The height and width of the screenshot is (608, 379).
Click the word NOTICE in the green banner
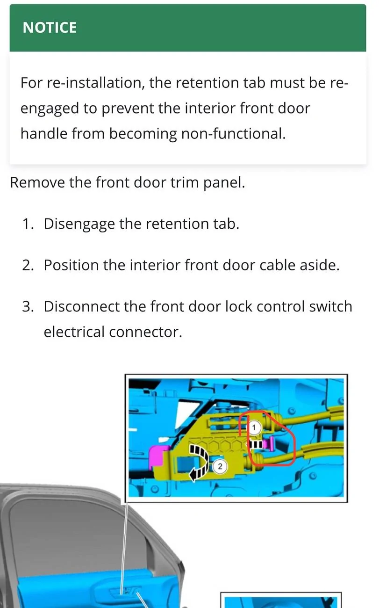(50, 28)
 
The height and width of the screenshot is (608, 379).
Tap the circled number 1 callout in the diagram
(254, 427)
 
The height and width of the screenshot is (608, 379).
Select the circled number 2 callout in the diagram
(220, 466)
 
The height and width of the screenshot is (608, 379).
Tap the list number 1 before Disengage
(28, 224)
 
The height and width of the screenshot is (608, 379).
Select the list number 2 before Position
(28, 265)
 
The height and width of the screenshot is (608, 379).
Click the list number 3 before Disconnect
(28, 306)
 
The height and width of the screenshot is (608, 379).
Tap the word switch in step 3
(331, 306)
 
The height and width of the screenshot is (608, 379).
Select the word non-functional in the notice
(233, 134)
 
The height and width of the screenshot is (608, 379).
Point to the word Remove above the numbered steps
(37, 182)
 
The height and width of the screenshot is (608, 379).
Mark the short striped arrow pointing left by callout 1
(255, 445)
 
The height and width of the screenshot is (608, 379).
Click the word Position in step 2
(71, 265)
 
